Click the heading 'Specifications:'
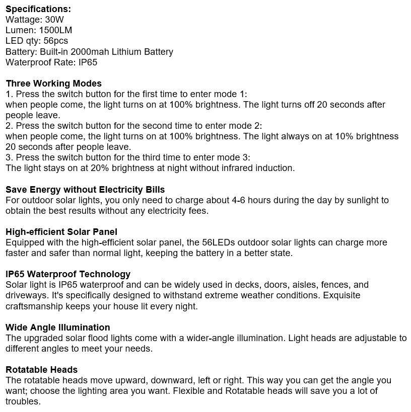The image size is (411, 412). (38, 9)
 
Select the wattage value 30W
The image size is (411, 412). (54, 20)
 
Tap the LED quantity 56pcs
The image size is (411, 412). (56, 41)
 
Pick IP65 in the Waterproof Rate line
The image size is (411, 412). (88, 62)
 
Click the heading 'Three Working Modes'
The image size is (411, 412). (53, 84)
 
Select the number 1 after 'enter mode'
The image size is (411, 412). (242, 94)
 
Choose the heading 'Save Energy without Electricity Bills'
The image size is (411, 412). (85, 190)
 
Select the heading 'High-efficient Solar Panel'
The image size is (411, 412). (61, 232)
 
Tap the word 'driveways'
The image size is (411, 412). (26, 295)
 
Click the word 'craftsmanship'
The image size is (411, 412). (32, 306)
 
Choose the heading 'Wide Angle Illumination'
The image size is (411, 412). (58, 327)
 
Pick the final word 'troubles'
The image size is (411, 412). (23, 401)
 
